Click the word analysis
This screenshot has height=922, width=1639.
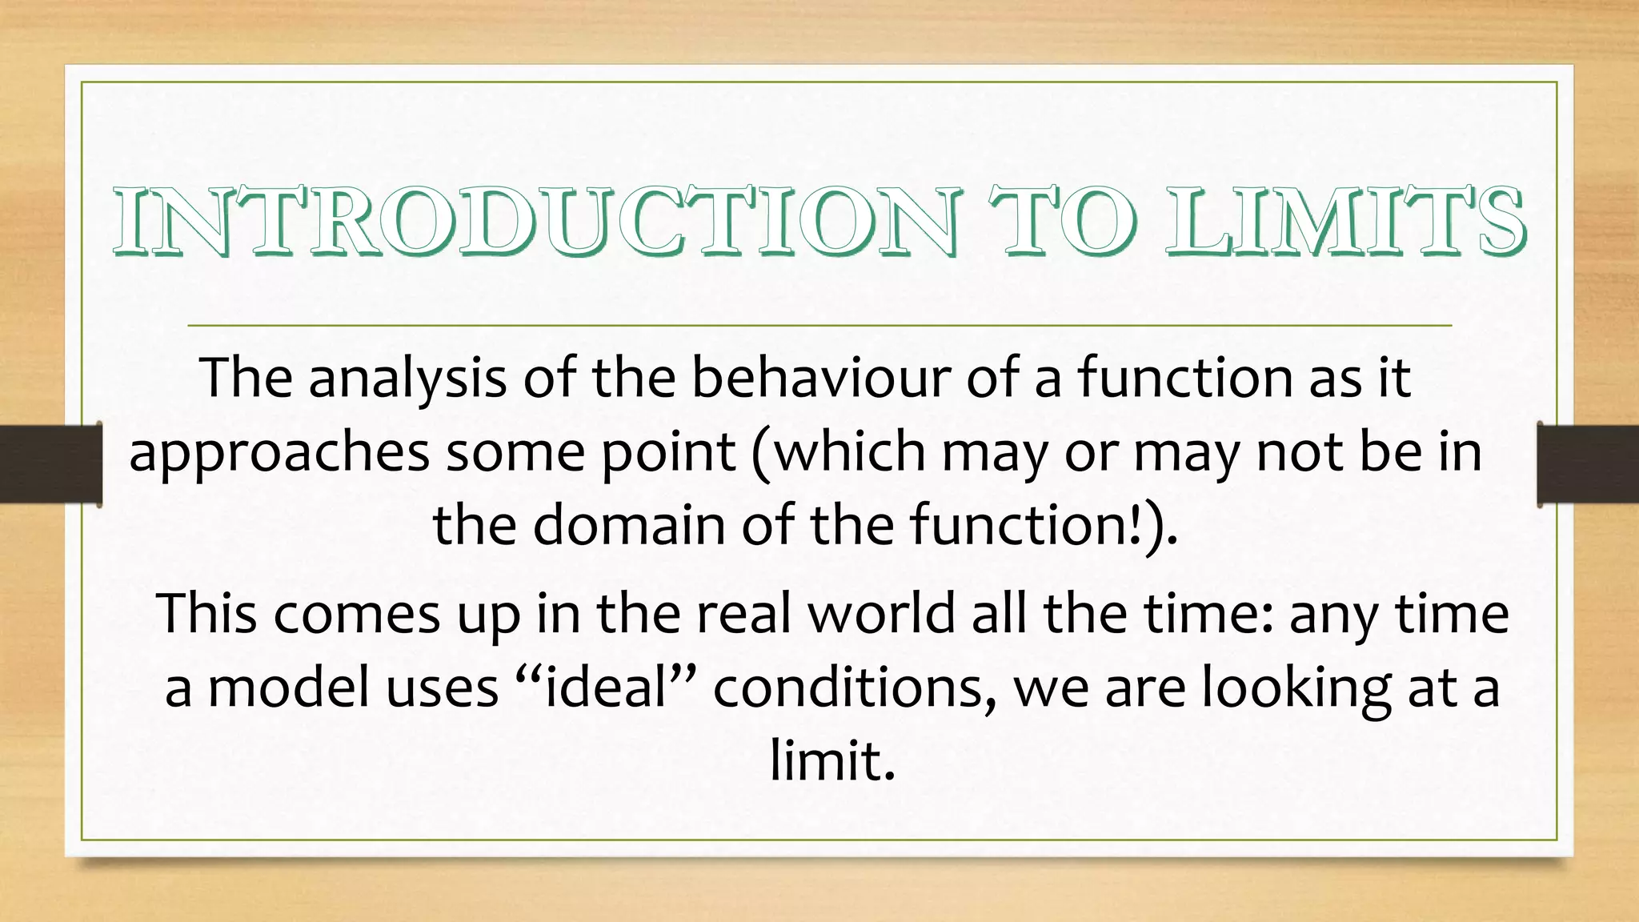click(407, 378)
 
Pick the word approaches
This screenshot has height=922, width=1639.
click(279, 453)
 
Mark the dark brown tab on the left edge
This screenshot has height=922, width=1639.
click(50, 464)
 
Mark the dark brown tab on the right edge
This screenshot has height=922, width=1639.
click(1588, 464)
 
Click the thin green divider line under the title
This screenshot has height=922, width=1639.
click(819, 326)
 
